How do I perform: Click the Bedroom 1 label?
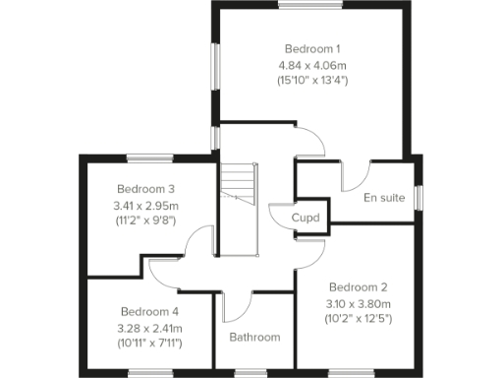click(312, 48)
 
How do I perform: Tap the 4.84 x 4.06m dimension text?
click(312, 64)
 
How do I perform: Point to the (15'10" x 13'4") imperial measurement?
click(312, 80)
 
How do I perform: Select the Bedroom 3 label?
click(145, 189)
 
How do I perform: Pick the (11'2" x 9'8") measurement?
click(145, 220)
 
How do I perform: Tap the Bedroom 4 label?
click(150, 310)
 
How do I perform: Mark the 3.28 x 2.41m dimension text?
click(150, 327)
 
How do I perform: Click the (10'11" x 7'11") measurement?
click(150, 343)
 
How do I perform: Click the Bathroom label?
click(254, 338)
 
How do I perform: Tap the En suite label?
click(384, 198)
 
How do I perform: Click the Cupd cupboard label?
click(306, 218)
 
